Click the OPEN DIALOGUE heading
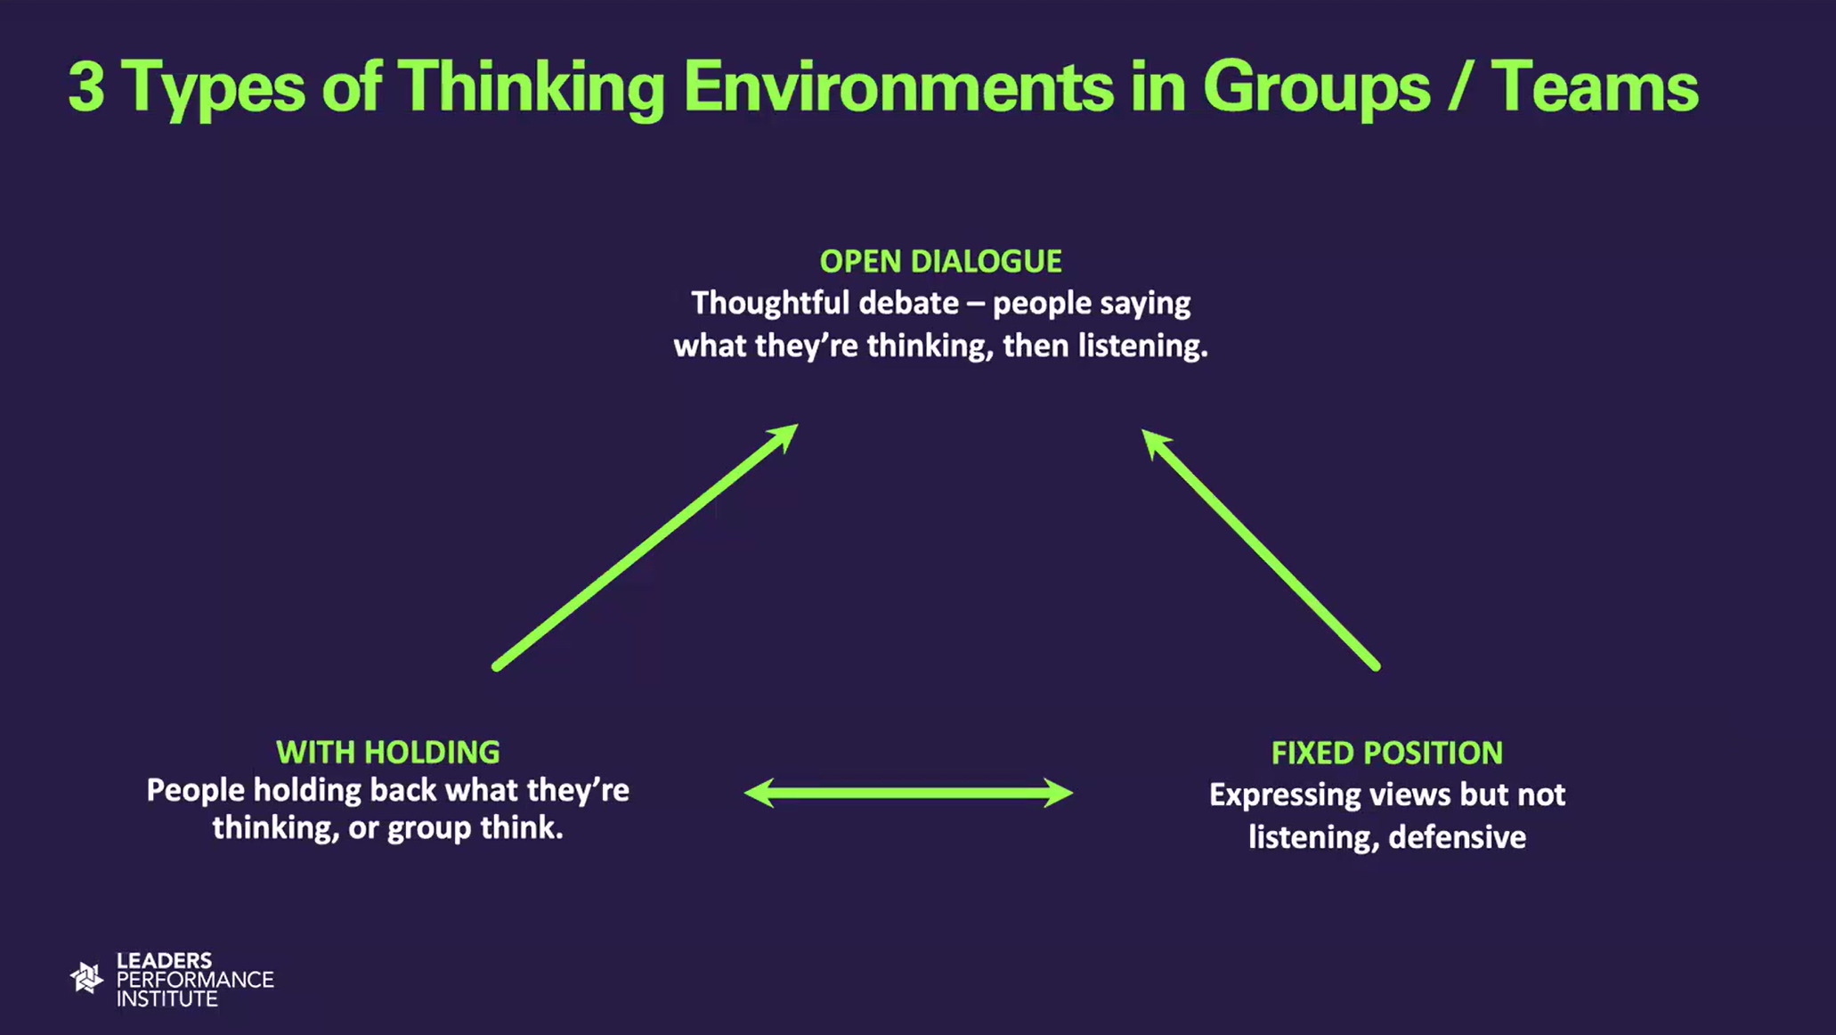coord(940,261)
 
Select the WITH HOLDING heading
coord(387,752)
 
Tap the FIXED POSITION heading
coord(1386,753)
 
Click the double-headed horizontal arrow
coord(908,793)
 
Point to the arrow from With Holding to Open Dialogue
coord(646,546)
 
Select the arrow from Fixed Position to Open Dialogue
coord(1261,549)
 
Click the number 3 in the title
coord(85,88)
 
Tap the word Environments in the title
coord(898,87)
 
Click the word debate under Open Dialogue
coord(908,303)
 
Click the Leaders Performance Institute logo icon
coord(86,978)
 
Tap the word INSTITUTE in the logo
coord(167,998)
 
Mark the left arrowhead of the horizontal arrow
coord(759,793)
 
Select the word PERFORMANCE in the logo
coord(195,979)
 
